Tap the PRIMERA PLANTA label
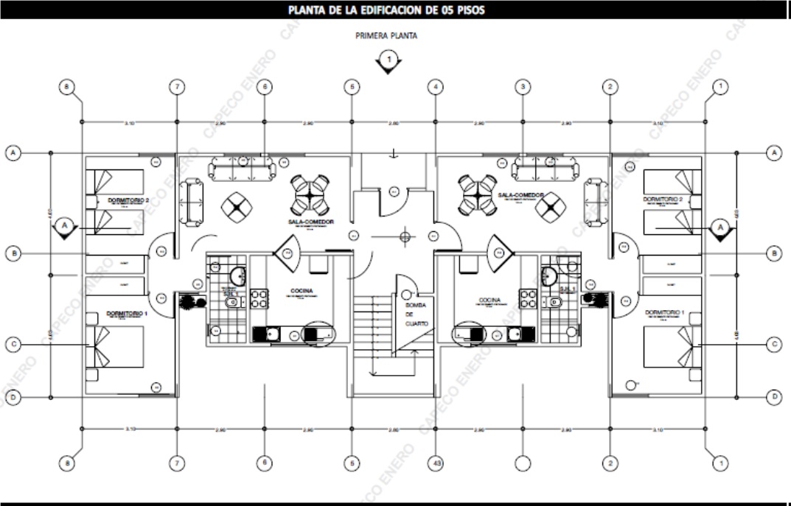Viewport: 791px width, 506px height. [387, 35]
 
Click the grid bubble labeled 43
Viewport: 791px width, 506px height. [436, 463]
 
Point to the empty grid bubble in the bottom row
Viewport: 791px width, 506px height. [523, 463]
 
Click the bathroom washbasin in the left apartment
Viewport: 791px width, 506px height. [238, 277]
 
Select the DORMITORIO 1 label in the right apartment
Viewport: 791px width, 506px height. [663, 313]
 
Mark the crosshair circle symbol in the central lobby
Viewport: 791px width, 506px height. [403, 236]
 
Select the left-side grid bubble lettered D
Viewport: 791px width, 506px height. [13, 398]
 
